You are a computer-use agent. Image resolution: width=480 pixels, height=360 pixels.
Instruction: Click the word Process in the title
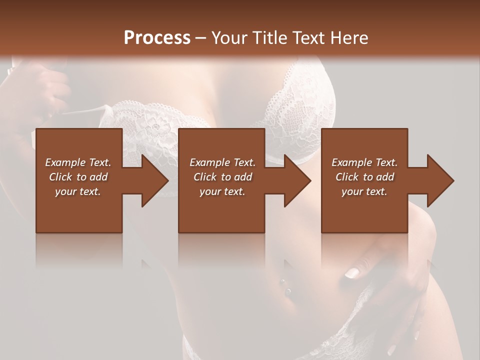point(157,37)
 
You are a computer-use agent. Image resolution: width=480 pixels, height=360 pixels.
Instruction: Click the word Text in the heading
point(307,37)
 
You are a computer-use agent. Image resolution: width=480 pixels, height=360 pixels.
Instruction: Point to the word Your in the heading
point(229,37)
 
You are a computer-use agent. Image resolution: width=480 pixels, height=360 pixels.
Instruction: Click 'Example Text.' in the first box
point(78,162)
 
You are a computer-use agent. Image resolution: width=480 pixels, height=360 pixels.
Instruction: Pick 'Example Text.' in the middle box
point(222,162)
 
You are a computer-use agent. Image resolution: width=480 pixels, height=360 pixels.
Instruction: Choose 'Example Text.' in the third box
point(364,162)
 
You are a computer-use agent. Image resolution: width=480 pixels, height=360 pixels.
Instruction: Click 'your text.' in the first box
point(78,191)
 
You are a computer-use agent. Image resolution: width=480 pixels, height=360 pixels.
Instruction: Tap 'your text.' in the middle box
point(222,191)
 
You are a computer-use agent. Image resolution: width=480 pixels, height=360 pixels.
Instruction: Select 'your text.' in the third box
point(364,191)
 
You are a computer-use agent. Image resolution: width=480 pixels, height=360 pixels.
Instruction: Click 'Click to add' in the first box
point(78,177)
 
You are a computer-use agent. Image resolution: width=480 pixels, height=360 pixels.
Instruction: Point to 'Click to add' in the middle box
point(222,177)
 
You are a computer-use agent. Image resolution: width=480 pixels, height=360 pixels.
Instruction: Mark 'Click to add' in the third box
point(364,177)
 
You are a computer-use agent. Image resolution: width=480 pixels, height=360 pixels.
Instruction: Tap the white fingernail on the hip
point(352,272)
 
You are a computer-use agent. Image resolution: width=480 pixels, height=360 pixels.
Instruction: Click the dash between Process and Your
point(201,38)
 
